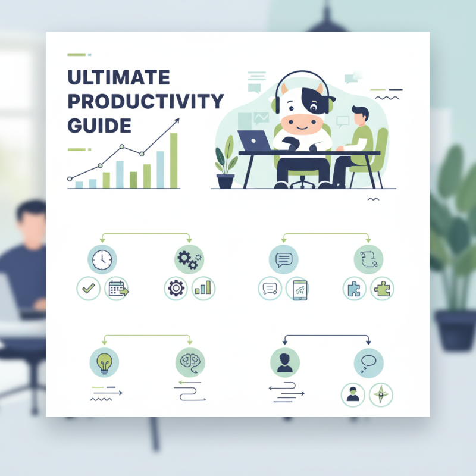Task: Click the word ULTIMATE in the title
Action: click(x=118, y=78)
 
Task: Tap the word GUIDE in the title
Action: click(x=99, y=126)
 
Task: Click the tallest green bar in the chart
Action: click(x=174, y=160)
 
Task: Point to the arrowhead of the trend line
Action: click(x=177, y=121)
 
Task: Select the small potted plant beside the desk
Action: click(x=226, y=167)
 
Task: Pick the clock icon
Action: click(x=102, y=259)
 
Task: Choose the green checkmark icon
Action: click(x=89, y=289)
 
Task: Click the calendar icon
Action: click(x=117, y=289)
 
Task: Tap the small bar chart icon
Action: click(x=203, y=289)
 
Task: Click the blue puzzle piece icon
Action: click(x=354, y=289)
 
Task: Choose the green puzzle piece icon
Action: click(x=381, y=289)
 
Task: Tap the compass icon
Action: click(x=381, y=394)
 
